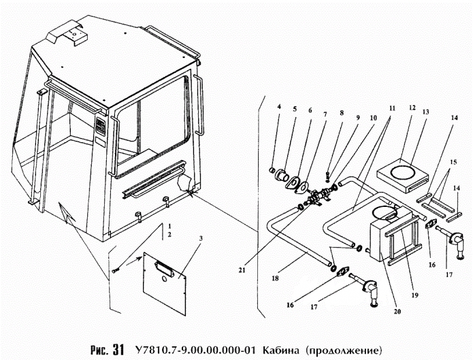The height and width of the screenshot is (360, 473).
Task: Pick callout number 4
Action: point(279,108)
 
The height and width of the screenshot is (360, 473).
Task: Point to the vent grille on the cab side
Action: point(101,129)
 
